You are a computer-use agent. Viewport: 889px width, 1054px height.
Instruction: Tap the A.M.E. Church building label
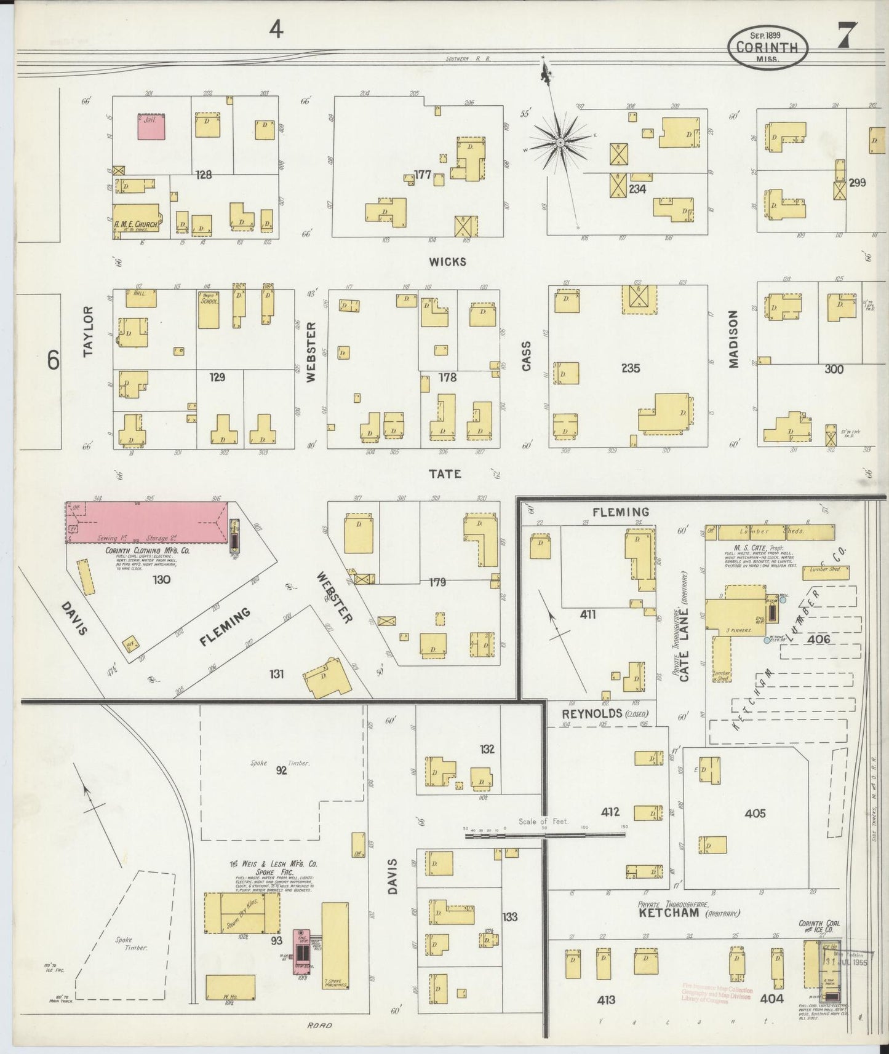point(137,226)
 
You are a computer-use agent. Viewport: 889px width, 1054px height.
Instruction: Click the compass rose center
point(560,143)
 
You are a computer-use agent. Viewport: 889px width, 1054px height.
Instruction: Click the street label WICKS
point(447,261)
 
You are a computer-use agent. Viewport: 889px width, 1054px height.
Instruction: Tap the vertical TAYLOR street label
point(88,331)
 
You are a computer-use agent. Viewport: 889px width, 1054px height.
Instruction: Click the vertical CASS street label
point(526,356)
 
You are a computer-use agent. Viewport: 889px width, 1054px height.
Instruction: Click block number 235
point(631,368)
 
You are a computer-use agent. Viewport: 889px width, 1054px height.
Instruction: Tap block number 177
point(423,175)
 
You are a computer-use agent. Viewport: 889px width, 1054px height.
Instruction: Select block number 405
point(755,813)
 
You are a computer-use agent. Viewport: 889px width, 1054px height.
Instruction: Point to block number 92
point(281,770)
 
